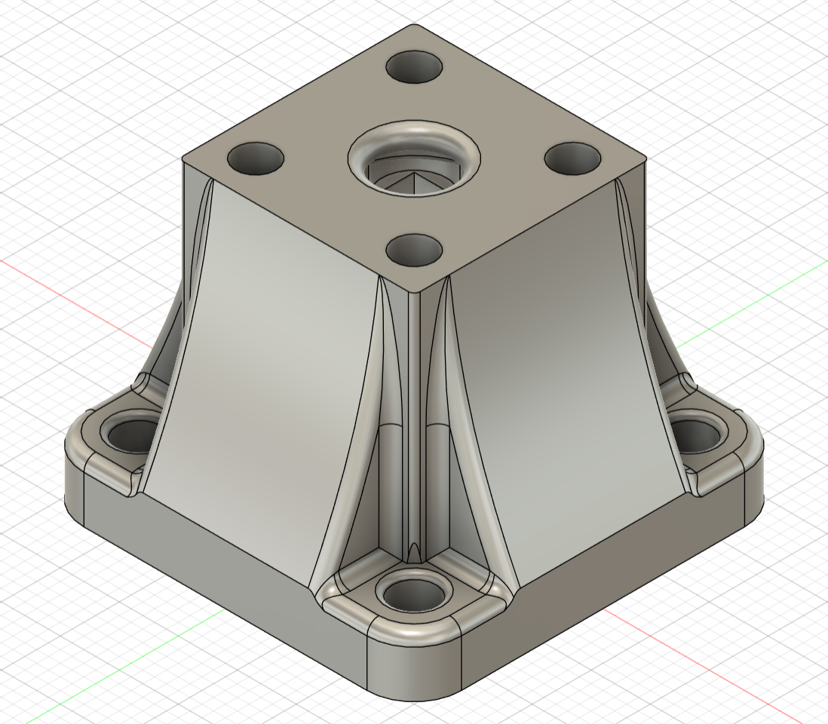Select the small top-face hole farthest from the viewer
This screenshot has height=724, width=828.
click(414, 67)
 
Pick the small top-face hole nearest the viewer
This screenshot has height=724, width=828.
click(414, 249)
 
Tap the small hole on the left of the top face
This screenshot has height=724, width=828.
click(256, 158)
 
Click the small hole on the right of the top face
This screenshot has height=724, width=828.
click(572, 158)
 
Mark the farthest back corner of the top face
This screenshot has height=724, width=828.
click(414, 26)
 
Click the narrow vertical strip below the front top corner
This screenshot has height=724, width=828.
click(413, 415)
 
